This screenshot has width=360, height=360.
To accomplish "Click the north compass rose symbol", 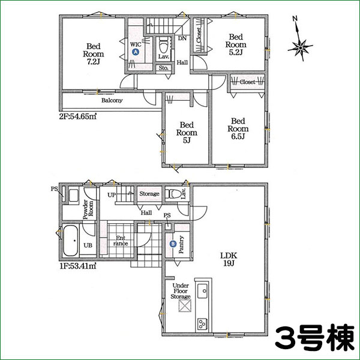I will coord(300,46).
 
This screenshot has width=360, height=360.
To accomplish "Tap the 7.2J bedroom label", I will coord(92,53).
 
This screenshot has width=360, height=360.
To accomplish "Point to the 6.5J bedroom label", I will coord(238,128).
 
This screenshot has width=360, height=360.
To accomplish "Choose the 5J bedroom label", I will coord(184,133).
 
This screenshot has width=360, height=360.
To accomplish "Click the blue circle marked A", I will coord(136,53).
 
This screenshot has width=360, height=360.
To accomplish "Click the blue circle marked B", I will coord(173,244).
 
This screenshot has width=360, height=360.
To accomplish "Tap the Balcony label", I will coord(112,101).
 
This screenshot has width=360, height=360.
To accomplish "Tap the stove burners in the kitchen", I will coord(202,324).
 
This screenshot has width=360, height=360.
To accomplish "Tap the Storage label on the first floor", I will coord(149,194).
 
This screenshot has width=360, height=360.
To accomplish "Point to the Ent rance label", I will coord(120,240).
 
